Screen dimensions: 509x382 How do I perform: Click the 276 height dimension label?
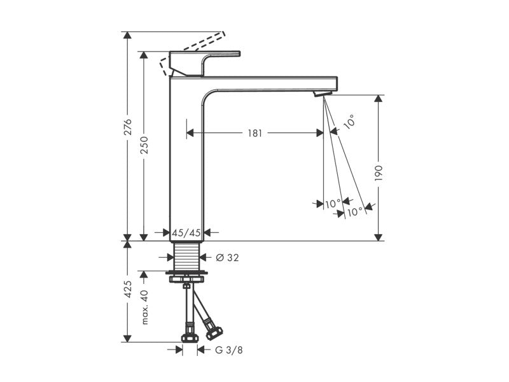click(x=129, y=127)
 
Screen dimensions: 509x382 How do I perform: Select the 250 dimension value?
click(x=144, y=145)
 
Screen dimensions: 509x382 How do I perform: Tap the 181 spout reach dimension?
click(x=255, y=133)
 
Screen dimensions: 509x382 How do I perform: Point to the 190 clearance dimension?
click(x=379, y=173)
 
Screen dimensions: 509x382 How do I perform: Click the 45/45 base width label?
click(x=186, y=232)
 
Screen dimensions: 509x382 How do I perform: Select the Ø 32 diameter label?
click(x=227, y=258)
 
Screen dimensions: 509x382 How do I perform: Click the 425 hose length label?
click(x=129, y=289)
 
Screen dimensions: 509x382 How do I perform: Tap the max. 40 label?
click(x=145, y=307)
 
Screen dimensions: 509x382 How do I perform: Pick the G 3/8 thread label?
click(x=229, y=350)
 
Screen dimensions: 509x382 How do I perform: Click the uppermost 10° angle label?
click(x=349, y=122)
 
